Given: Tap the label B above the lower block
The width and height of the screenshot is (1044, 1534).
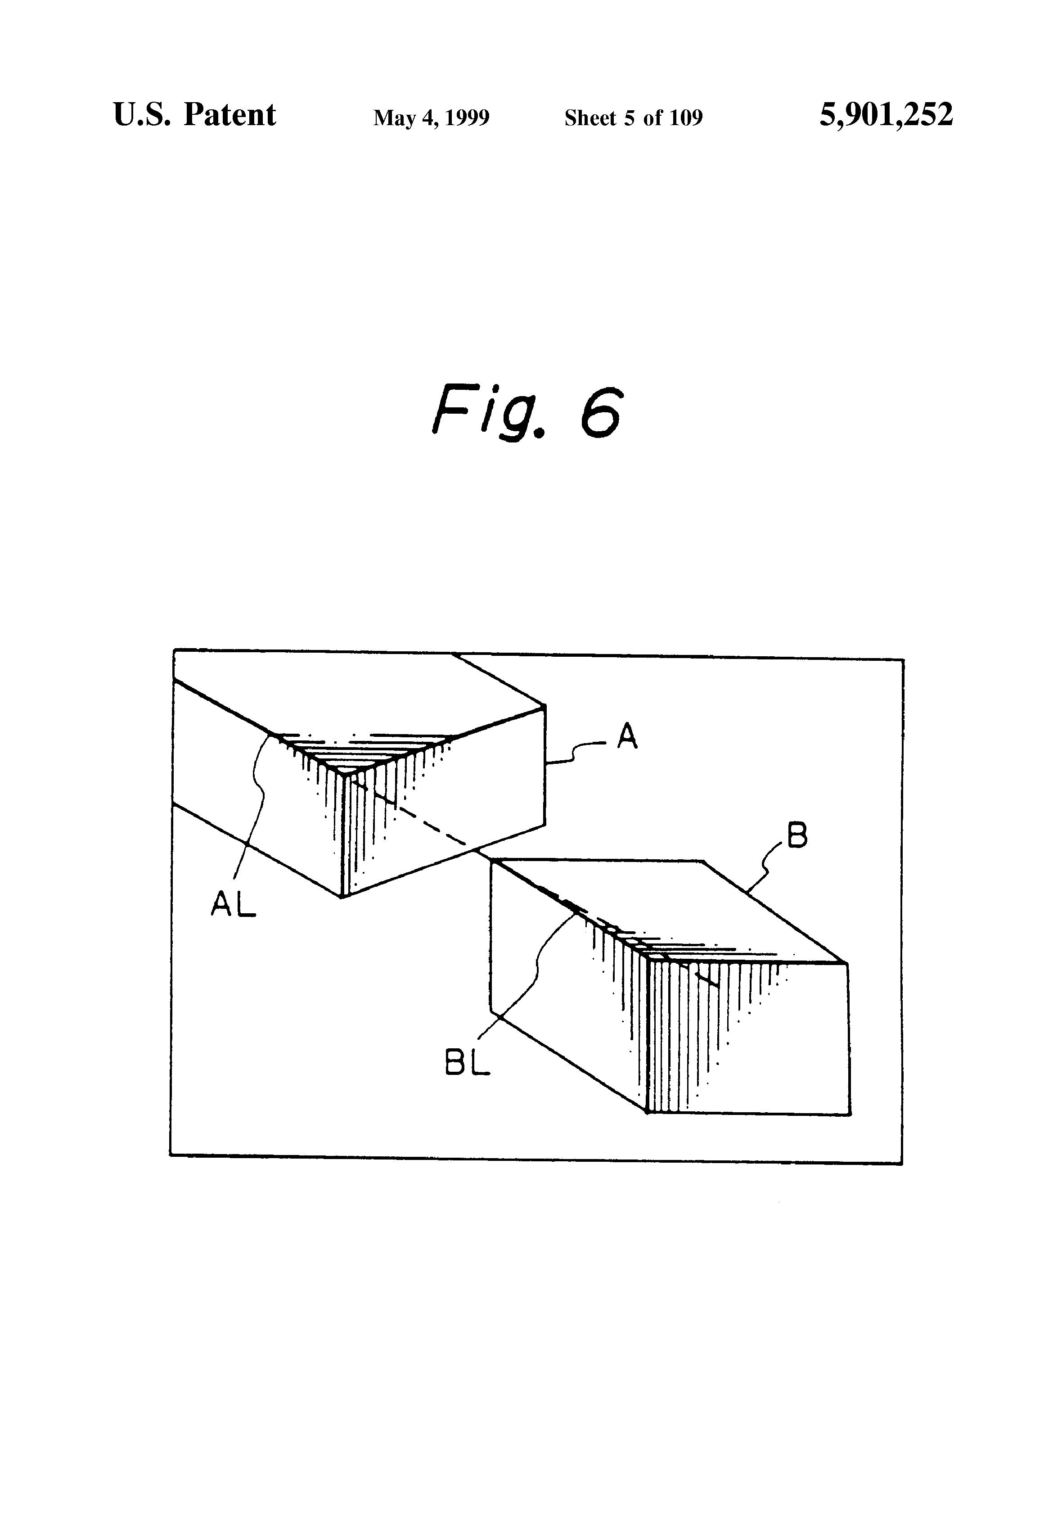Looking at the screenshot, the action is [x=797, y=836].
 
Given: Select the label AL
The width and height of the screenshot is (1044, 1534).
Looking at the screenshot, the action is [x=233, y=902].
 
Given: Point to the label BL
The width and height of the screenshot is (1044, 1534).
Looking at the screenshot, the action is [x=467, y=1063].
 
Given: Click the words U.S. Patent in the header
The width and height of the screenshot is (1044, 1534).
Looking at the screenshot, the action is [x=195, y=115].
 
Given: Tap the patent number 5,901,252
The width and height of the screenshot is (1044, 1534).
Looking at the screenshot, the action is [x=886, y=115].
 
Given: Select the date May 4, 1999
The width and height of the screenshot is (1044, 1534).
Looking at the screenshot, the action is [x=431, y=118].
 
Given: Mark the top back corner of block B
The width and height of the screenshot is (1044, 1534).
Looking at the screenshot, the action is [x=703, y=862].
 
